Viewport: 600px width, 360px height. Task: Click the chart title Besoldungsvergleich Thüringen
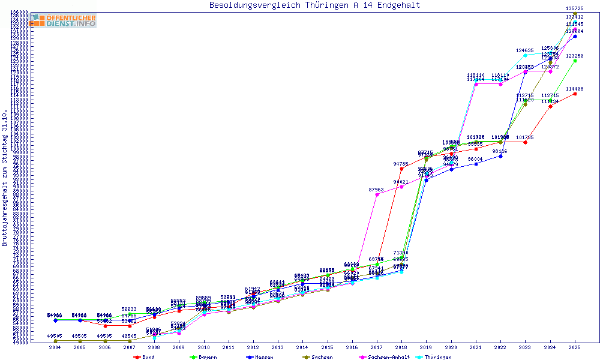(314, 5)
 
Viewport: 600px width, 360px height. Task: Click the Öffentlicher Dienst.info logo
(63, 20)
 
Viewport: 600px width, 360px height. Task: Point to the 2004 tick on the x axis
(55, 347)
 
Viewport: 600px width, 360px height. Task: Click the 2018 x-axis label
(401, 347)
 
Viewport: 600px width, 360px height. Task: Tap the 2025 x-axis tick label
(575, 347)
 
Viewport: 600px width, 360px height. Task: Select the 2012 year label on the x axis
(253, 347)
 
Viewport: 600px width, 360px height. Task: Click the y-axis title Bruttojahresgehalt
(5, 178)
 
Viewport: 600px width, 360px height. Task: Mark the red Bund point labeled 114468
(575, 94)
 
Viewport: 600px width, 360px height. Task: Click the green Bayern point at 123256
(575, 60)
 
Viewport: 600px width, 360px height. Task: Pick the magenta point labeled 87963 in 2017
(377, 194)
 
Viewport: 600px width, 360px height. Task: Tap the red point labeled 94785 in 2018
(401, 169)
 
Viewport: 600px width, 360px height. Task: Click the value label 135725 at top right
(575, 8)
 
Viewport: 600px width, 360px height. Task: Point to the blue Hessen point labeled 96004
(476, 164)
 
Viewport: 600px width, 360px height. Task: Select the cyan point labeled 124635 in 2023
(525, 55)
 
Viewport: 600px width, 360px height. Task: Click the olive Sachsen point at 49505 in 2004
(55, 341)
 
